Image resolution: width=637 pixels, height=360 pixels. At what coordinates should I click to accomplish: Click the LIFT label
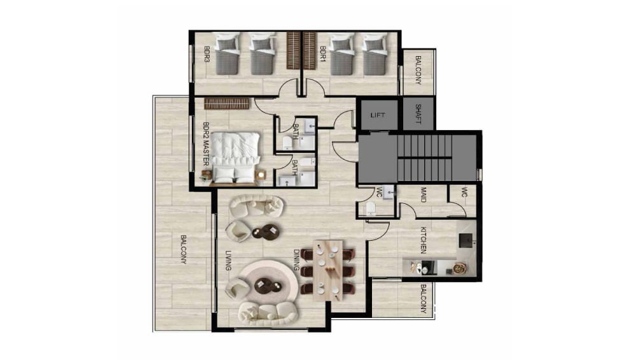[377, 115]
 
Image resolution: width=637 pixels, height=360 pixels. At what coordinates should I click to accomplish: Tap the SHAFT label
[418, 114]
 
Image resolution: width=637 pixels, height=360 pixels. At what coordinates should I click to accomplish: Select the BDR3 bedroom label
[207, 54]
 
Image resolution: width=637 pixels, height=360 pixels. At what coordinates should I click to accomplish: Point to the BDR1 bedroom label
[323, 54]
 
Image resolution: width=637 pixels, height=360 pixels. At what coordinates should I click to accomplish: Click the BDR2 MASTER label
[206, 145]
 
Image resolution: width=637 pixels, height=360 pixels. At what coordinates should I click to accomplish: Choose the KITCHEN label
[423, 240]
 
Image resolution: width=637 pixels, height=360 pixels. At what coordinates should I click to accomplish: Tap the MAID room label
[423, 194]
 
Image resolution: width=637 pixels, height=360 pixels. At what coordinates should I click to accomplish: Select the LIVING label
[228, 261]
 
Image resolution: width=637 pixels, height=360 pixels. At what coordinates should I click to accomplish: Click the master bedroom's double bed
[236, 159]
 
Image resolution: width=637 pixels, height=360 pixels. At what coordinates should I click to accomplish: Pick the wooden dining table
[328, 270]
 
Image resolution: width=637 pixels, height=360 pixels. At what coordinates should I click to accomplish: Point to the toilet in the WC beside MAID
[371, 208]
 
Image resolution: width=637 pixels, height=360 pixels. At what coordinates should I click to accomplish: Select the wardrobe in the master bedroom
[226, 104]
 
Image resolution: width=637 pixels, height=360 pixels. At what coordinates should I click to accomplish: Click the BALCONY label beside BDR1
[418, 70]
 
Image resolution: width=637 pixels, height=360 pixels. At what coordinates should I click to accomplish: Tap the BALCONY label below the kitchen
[423, 299]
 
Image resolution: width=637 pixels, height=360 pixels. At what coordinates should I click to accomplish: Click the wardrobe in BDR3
[293, 50]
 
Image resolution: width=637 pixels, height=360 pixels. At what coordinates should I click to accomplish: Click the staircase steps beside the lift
[424, 157]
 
